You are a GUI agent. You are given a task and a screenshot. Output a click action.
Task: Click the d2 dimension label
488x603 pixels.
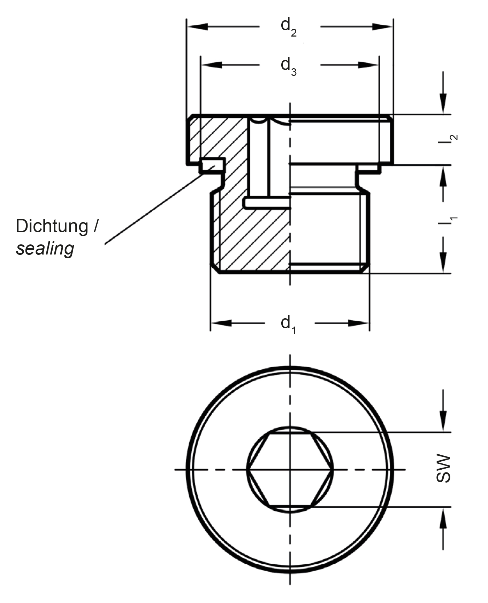(x=289, y=28)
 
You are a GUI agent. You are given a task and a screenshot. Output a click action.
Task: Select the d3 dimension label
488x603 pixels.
(x=289, y=66)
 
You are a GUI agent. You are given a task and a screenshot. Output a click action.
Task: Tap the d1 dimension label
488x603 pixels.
(x=288, y=324)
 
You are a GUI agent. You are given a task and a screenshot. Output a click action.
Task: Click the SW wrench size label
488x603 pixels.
(x=443, y=468)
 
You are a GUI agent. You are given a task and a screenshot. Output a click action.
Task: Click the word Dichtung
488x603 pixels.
(x=52, y=227)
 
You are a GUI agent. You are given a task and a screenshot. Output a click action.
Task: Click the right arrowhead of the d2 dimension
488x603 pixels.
(x=382, y=27)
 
